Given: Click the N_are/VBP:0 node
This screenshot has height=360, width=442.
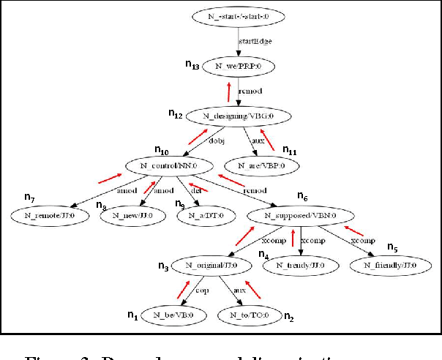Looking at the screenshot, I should point(259,166).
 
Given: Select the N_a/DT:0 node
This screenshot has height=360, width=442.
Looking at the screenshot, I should point(203,216).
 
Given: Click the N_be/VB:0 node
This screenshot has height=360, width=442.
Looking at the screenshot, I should point(168,315).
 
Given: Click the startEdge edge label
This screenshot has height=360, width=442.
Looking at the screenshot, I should point(256,42).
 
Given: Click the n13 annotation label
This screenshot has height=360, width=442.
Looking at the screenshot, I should point(192,66).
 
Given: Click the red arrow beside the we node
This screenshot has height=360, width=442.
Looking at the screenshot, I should point(229,92).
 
